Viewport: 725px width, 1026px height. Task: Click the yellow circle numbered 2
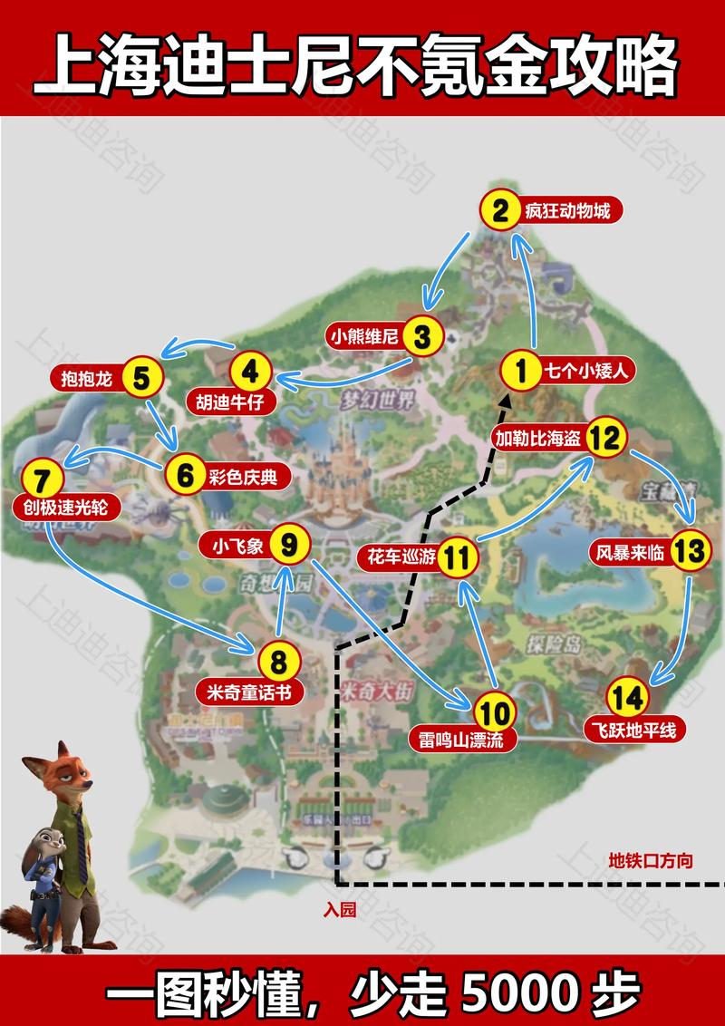[x=499, y=212]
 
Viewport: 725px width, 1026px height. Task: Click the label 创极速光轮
[x=61, y=508]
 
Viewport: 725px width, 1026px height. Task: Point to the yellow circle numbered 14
[x=628, y=698]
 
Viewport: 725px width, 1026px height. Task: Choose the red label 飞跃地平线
[x=635, y=729]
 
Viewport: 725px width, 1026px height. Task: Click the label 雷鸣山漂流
[x=461, y=739]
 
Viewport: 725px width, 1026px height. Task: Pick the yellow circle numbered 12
[x=604, y=438]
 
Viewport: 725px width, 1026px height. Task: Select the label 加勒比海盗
[x=539, y=438]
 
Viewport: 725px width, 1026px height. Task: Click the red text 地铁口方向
[x=651, y=860]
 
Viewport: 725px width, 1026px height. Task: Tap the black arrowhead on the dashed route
[x=506, y=400]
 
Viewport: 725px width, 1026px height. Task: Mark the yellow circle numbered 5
[x=141, y=379]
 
